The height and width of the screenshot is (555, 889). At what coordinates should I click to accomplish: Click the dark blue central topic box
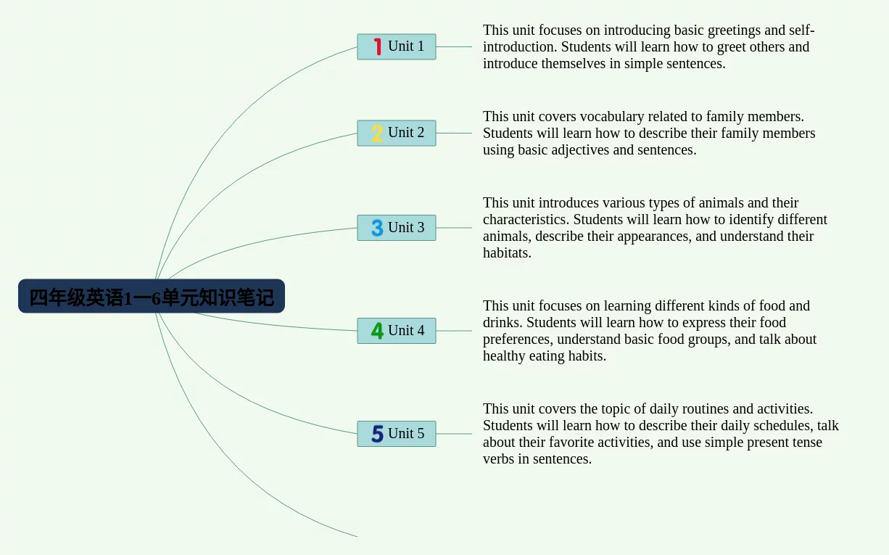click(x=152, y=296)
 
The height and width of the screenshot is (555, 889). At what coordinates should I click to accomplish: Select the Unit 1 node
click(x=397, y=47)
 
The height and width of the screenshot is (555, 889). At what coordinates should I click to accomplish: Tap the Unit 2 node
click(x=397, y=133)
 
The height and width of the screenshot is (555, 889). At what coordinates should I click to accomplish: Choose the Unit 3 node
click(x=397, y=228)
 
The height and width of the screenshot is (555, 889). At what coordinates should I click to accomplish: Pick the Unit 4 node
click(x=397, y=331)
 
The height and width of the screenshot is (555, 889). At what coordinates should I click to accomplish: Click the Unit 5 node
click(x=397, y=434)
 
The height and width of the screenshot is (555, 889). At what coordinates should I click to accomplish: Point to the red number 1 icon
click(x=378, y=46)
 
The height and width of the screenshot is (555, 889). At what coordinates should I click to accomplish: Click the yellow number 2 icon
click(x=377, y=133)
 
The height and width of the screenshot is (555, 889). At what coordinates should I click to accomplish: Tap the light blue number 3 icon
click(x=377, y=228)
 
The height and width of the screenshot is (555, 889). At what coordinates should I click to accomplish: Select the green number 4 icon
click(x=377, y=331)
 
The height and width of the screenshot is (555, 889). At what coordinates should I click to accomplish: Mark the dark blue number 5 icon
click(x=377, y=434)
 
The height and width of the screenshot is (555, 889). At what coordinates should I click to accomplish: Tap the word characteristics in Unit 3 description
click(x=526, y=220)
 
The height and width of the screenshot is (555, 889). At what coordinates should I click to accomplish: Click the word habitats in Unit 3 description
click(x=507, y=253)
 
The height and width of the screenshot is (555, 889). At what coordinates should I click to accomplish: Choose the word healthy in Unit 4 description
click(x=504, y=356)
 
